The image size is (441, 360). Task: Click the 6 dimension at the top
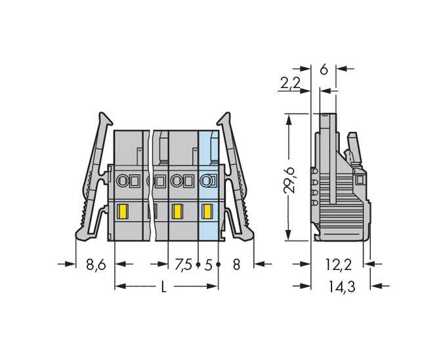click(323, 68)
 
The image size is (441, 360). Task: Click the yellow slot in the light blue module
click(208, 212)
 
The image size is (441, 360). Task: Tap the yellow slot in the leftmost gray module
click(122, 212)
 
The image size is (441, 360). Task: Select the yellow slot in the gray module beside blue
click(177, 212)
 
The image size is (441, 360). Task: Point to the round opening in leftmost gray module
click(122, 180)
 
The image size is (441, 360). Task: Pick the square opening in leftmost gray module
click(135, 180)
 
